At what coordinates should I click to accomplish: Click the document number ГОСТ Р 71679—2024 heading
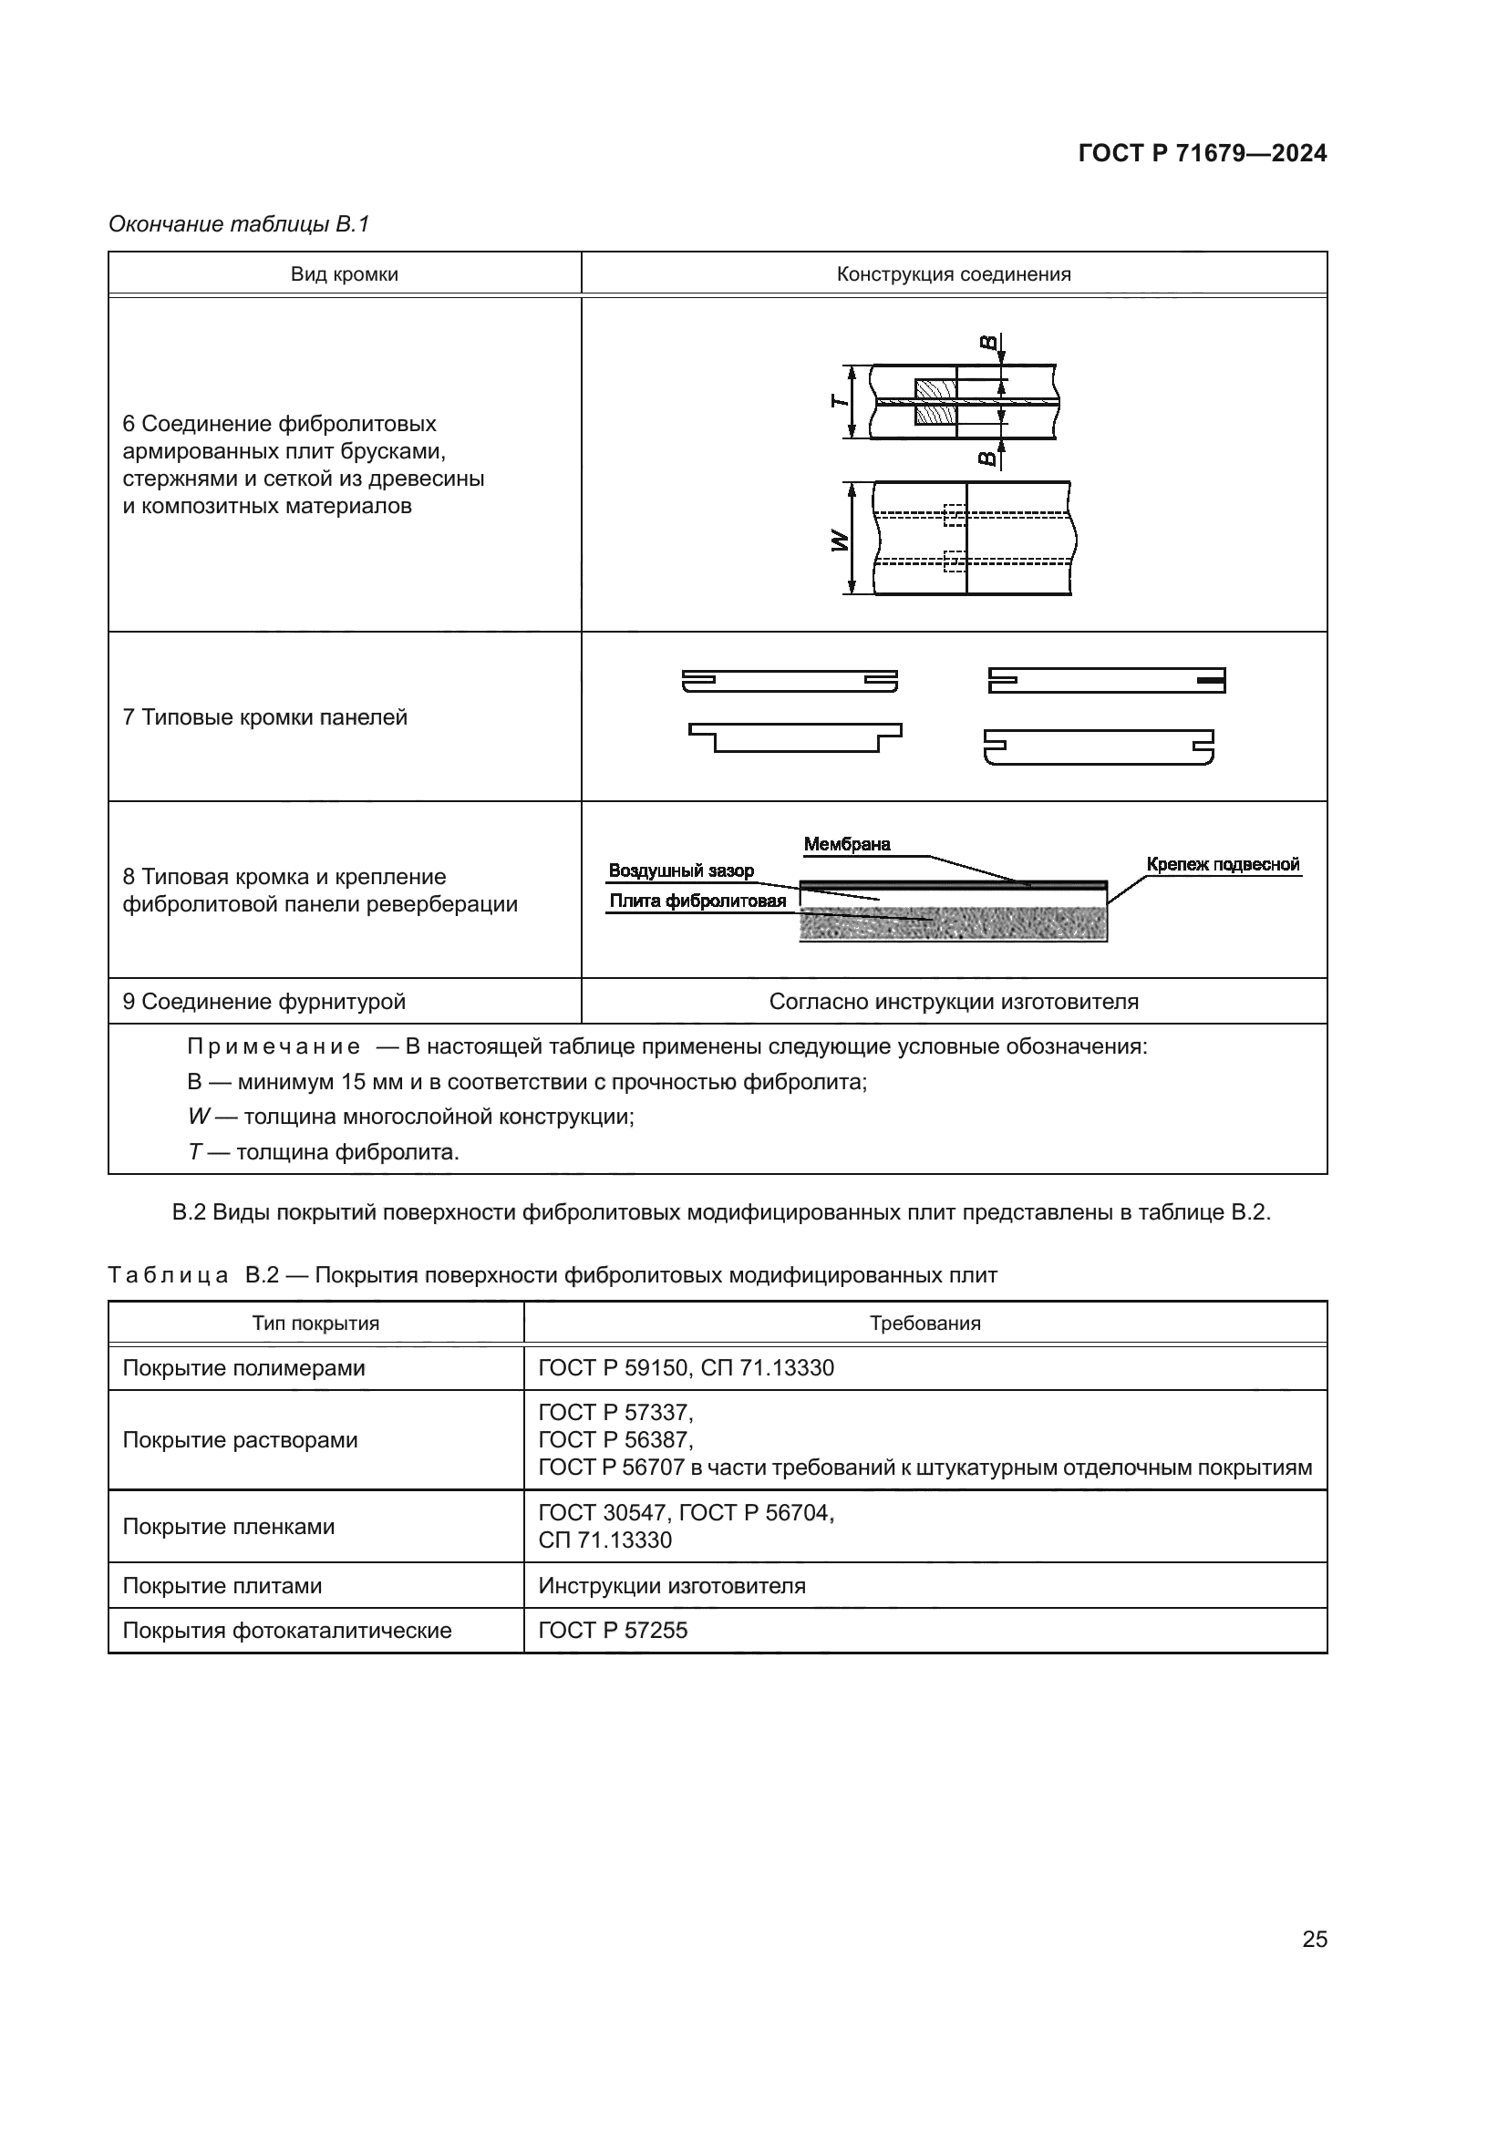[x=1202, y=153]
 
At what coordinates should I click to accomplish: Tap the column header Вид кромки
[x=344, y=275]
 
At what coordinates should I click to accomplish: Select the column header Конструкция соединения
[x=953, y=275]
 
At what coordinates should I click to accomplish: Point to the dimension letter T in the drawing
[x=839, y=401]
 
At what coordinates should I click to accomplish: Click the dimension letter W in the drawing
[x=840, y=541]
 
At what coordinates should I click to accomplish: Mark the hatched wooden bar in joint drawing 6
[x=935, y=401]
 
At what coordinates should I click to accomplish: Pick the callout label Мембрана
[x=846, y=844]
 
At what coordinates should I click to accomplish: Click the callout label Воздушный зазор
[x=681, y=871]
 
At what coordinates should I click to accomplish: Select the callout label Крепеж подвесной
[x=1222, y=864]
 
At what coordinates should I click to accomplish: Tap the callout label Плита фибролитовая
[x=697, y=901]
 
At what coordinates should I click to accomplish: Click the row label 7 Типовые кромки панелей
[x=264, y=716]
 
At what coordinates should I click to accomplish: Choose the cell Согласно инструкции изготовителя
[x=953, y=1002]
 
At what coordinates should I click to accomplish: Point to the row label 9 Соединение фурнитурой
[x=263, y=1002]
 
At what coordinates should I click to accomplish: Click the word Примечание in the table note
[x=273, y=1046]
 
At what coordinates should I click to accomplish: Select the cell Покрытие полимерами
[x=243, y=1368]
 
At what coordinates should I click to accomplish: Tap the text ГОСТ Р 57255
[x=612, y=1631]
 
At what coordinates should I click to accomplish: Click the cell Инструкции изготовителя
[x=671, y=1586]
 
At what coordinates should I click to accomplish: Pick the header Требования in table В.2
[x=924, y=1323]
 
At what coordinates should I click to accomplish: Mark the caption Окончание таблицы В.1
[x=239, y=224]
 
